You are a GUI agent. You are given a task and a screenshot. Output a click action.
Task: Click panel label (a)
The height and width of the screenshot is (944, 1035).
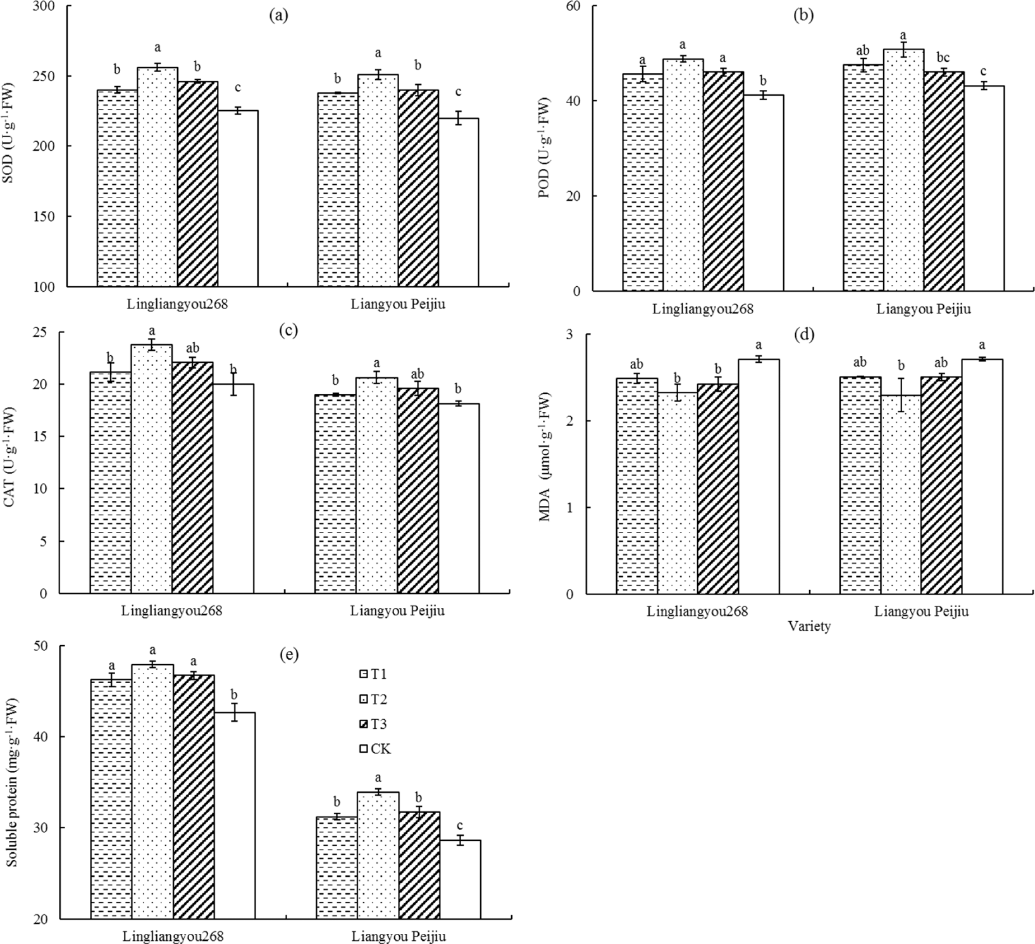click(278, 16)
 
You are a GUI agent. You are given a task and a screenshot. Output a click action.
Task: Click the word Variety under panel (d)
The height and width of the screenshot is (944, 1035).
click(809, 627)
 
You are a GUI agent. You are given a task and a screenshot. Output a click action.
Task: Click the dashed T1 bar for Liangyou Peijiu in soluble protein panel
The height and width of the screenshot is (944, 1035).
click(335, 867)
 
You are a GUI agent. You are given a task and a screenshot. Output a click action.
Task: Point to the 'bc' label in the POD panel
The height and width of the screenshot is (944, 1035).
click(942, 58)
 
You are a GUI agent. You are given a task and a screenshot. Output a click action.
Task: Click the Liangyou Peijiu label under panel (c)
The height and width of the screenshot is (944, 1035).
click(397, 611)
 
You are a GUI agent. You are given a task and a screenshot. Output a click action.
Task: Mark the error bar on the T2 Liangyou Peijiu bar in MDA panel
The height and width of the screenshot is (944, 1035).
click(901, 395)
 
